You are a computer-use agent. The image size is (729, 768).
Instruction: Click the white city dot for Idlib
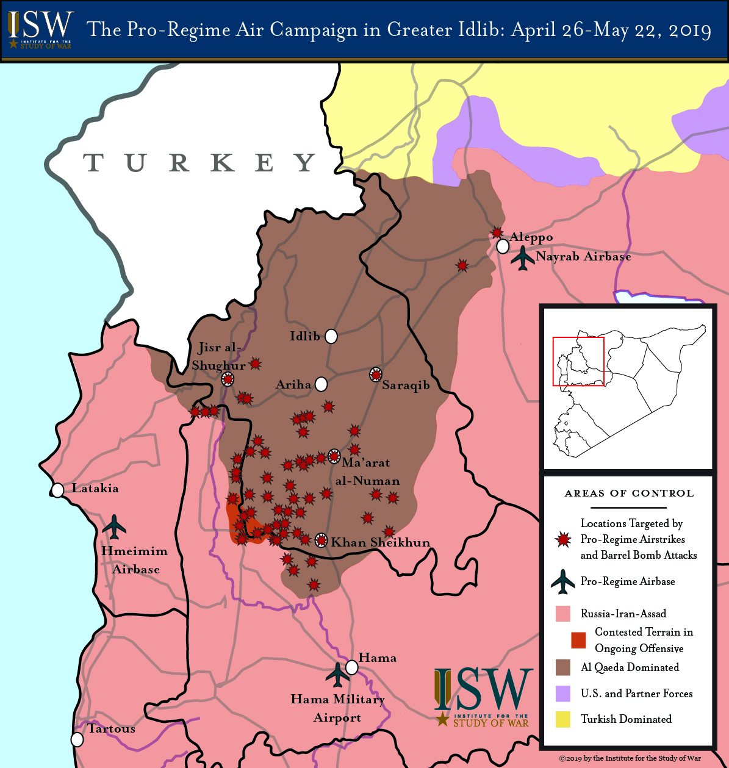(x=331, y=336)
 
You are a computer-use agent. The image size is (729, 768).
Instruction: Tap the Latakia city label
(x=95, y=488)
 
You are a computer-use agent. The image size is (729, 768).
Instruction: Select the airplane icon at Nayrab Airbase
(x=523, y=257)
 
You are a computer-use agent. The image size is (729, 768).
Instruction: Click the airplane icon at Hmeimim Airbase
(x=114, y=526)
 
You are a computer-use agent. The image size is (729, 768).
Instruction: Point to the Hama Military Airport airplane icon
(x=337, y=674)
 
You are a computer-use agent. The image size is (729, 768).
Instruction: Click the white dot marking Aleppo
(x=503, y=246)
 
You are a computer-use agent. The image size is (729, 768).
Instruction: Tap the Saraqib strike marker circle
(x=376, y=375)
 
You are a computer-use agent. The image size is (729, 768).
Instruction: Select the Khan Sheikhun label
(x=380, y=542)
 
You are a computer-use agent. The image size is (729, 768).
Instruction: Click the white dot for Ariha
(x=321, y=384)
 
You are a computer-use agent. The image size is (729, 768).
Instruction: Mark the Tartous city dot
(x=77, y=739)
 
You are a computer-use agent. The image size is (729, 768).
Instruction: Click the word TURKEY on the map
(x=200, y=163)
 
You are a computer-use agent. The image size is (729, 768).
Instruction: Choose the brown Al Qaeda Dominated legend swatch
(x=562, y=667)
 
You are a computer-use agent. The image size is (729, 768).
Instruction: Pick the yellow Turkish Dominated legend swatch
(x=562, y=719)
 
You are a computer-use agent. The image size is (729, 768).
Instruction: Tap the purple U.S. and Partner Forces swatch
(x=562, y=694)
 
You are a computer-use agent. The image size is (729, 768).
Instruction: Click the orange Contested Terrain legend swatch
(x=578, y=640)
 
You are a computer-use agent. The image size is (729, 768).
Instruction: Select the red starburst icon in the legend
(x=563, y=539)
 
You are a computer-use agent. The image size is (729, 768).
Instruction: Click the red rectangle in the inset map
(x=578, y=361)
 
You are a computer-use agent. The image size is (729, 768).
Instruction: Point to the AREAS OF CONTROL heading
(x=629, y=493)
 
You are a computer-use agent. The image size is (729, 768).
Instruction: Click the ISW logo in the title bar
(x=40, y=29)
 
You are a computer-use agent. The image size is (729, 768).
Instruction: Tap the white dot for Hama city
(x=351, y=667)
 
